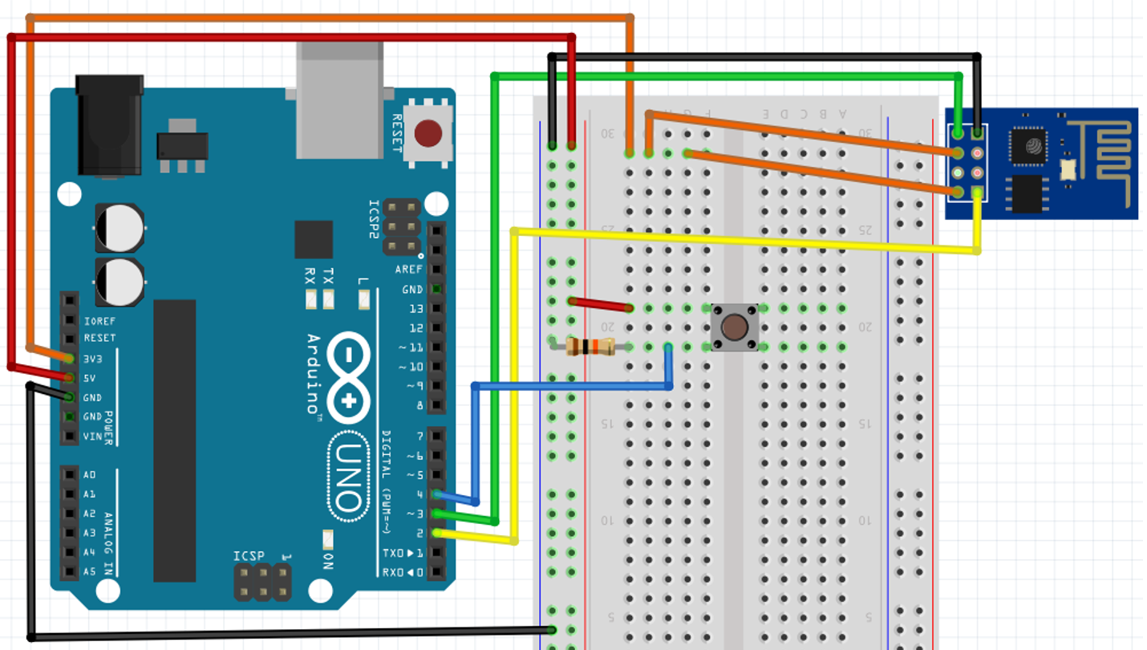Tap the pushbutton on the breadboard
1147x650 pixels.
pyautogui.click(x=734, y=327)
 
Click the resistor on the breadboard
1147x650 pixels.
pyautogui.click(x=590, y=347)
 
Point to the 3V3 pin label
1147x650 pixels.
pyautogui.click(x=93, y=359)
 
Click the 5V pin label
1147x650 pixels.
pyautogui.click(x=90, y=378)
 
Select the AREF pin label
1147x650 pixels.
pyautogui.click(x=409, y=270)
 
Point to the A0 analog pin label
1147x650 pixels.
pyautogui.click(x=89, y=475)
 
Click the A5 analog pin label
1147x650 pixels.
pyautogui.click(x=89, y=571)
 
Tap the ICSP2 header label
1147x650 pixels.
pyautogui.click(x=374, y=219)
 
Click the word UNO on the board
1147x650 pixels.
pyautogui.click(x=347, y=477)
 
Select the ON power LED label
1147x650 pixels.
pyautogui.click(x=328, y=560)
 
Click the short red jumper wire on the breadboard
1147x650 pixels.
pyautogui.click(x=600, y=304)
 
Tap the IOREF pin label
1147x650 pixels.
pyautogui.click(x=99, y=321)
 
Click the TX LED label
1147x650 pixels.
pyautogui.click(x=327, y=277)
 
